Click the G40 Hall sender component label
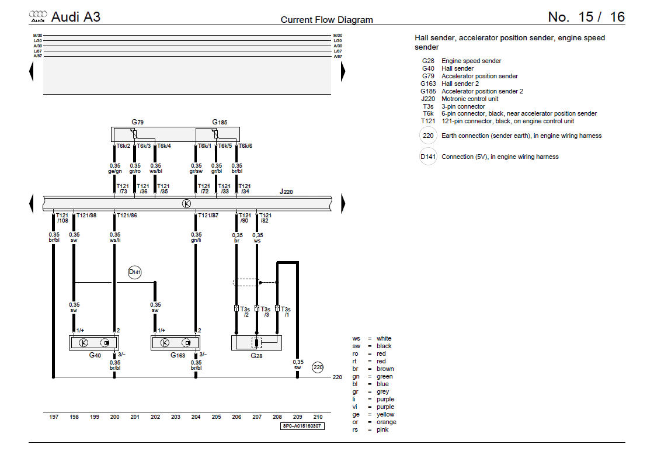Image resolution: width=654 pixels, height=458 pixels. [95, 355]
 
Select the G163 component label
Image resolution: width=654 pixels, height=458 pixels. [178, 355]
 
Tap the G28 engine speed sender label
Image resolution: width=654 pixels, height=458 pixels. [256, 355]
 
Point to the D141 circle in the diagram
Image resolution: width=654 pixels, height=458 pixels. [135, 272]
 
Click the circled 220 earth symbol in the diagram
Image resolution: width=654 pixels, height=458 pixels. [318, 367]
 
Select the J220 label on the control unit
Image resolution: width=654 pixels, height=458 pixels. [286, 191]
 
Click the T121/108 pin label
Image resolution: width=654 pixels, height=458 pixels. [62, 218]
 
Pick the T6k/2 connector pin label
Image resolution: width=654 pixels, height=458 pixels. [123, 145]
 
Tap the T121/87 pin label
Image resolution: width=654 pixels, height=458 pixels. [207, 216]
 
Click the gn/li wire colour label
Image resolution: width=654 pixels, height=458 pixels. [196, 240]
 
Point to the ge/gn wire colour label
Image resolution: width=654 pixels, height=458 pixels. [114, 172]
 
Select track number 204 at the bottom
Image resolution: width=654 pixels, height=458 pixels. [196, 417]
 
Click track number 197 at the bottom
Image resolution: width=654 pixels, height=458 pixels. [54, 417]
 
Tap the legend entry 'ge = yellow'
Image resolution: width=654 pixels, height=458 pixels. [374, 414]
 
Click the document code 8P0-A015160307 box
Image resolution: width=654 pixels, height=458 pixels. [302, 426]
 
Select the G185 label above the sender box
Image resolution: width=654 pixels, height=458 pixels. [220, 122]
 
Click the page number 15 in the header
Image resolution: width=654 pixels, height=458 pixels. [586, 17]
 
